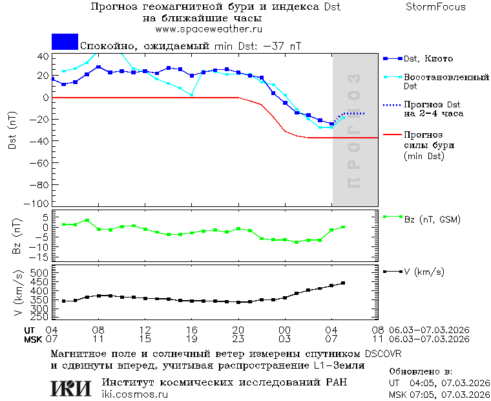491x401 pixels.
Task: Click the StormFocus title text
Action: (435, 7)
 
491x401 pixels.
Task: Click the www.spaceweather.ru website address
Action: (209, 29)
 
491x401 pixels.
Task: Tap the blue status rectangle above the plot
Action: (65, 42)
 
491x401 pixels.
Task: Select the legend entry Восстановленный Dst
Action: (446, 81)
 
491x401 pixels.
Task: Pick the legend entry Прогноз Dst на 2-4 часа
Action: (432, 109)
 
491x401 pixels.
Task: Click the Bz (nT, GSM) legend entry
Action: (432, 219)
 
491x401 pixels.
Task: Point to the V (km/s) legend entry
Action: (424, 272)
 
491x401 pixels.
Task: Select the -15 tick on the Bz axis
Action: (40, 257)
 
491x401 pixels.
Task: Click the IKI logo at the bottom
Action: (71, 388)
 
